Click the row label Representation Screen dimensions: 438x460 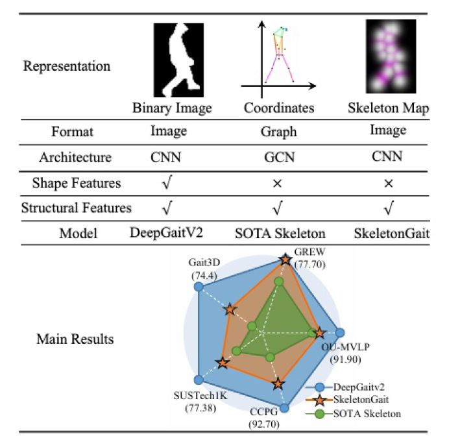67,66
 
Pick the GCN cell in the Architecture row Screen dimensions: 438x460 278,156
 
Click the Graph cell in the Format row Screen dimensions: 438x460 278,132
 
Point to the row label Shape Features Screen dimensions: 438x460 77,184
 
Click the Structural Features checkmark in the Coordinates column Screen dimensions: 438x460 278,208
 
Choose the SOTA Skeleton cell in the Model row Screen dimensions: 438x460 278,234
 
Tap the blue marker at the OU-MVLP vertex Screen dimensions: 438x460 339,333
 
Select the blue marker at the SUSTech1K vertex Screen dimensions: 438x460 198,380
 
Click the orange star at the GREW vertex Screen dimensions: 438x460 284,260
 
